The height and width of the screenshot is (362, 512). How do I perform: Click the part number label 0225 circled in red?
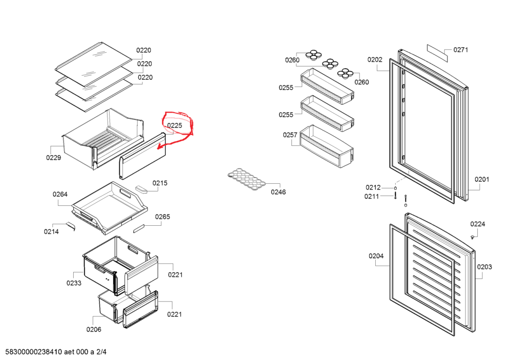(175, 125)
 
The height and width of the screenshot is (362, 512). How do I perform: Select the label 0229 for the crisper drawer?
(54, 158)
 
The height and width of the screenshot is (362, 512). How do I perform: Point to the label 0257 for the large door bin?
(290, 135)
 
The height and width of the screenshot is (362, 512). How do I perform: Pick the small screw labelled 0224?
(473, 237)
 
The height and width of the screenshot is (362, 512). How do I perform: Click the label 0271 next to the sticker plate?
(461, 50)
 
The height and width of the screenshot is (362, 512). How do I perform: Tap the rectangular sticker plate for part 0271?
(438, 53)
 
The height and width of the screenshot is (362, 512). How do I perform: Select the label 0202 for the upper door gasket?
(375, 59)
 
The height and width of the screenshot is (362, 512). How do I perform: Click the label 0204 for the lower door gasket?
(376, 256)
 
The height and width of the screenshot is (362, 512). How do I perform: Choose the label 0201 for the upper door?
(482, 179)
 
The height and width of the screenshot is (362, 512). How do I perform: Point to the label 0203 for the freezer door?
(484, 267)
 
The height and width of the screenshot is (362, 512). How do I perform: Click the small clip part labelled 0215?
(141, 189)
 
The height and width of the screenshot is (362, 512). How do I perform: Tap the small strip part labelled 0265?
(139, 228)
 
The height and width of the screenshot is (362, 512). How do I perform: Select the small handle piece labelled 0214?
(71, 226)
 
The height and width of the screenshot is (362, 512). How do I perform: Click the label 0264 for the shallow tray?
(60, 194)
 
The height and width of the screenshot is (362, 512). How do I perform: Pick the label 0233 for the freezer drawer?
(74, 283)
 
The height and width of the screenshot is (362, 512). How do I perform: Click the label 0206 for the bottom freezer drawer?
(94, 329)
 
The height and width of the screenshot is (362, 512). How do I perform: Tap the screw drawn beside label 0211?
(395, 196)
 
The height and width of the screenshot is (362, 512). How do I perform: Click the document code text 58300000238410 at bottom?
(34, 352)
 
